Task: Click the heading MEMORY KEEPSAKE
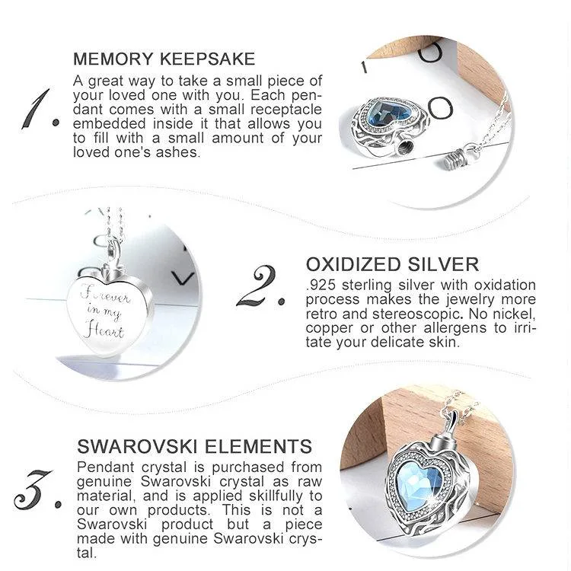click(x=164, y=59)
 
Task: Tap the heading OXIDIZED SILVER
click(x=392, y=264)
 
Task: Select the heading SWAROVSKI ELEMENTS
click(x=194, y=446)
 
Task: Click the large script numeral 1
click(x=40, y=109)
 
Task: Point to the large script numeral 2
click(x=260, y=285)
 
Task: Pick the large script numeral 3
click(x=37, y=490)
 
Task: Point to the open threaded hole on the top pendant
click(x=404, y=148)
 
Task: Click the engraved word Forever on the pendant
click(x=105, y=294)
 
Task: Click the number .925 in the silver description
click(x=321, y=285)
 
